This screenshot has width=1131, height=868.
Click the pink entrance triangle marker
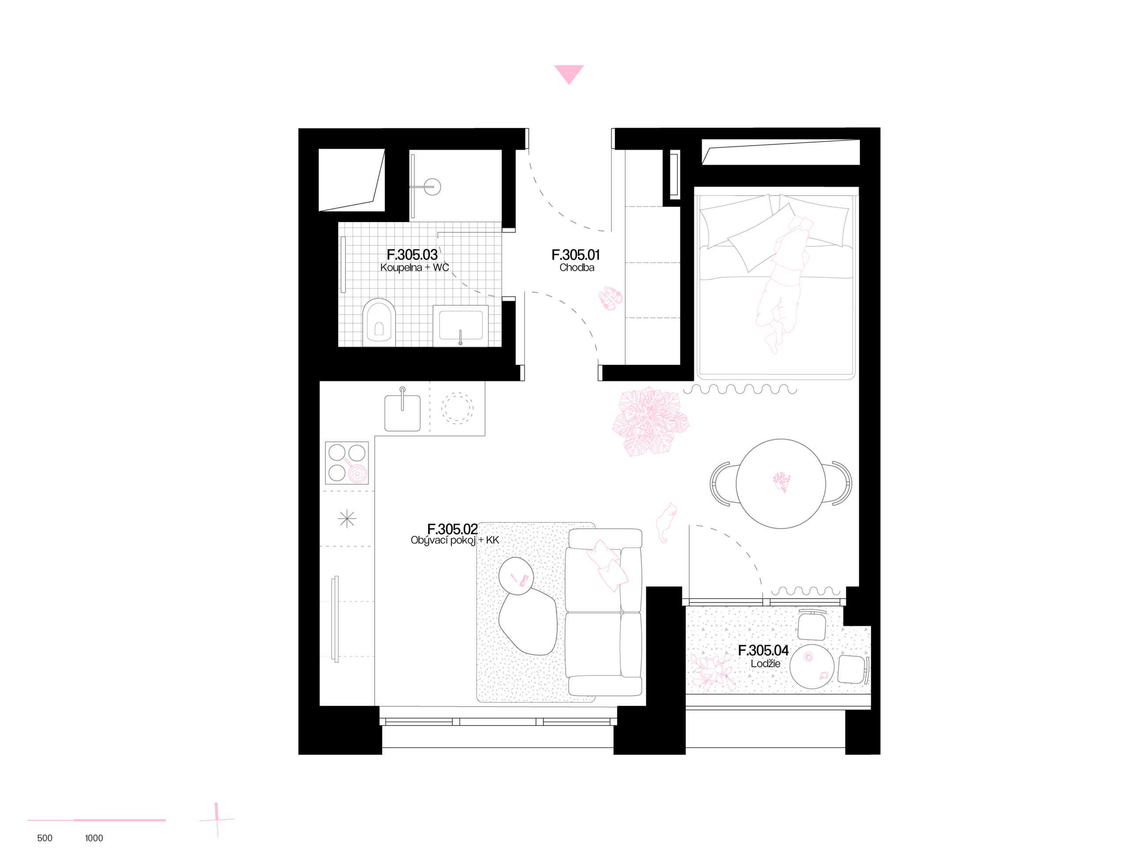pos(569,73)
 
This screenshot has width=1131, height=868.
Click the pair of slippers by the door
pos(611,298)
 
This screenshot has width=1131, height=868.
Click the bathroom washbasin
pos(460,326)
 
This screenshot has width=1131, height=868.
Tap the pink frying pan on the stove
pos(357,472)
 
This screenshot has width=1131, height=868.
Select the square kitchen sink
pos(402,412)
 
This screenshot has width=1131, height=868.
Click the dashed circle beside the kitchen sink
pos(457,408)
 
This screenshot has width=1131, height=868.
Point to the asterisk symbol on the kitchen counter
pos(347,519)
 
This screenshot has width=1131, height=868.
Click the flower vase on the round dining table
pos(782,481)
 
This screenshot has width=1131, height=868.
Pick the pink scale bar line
pos(97,819)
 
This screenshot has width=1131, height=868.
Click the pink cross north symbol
pos(217,819)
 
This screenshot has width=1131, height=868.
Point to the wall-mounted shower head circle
pos(432,186)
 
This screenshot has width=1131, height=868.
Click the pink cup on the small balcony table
pos(823,675)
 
